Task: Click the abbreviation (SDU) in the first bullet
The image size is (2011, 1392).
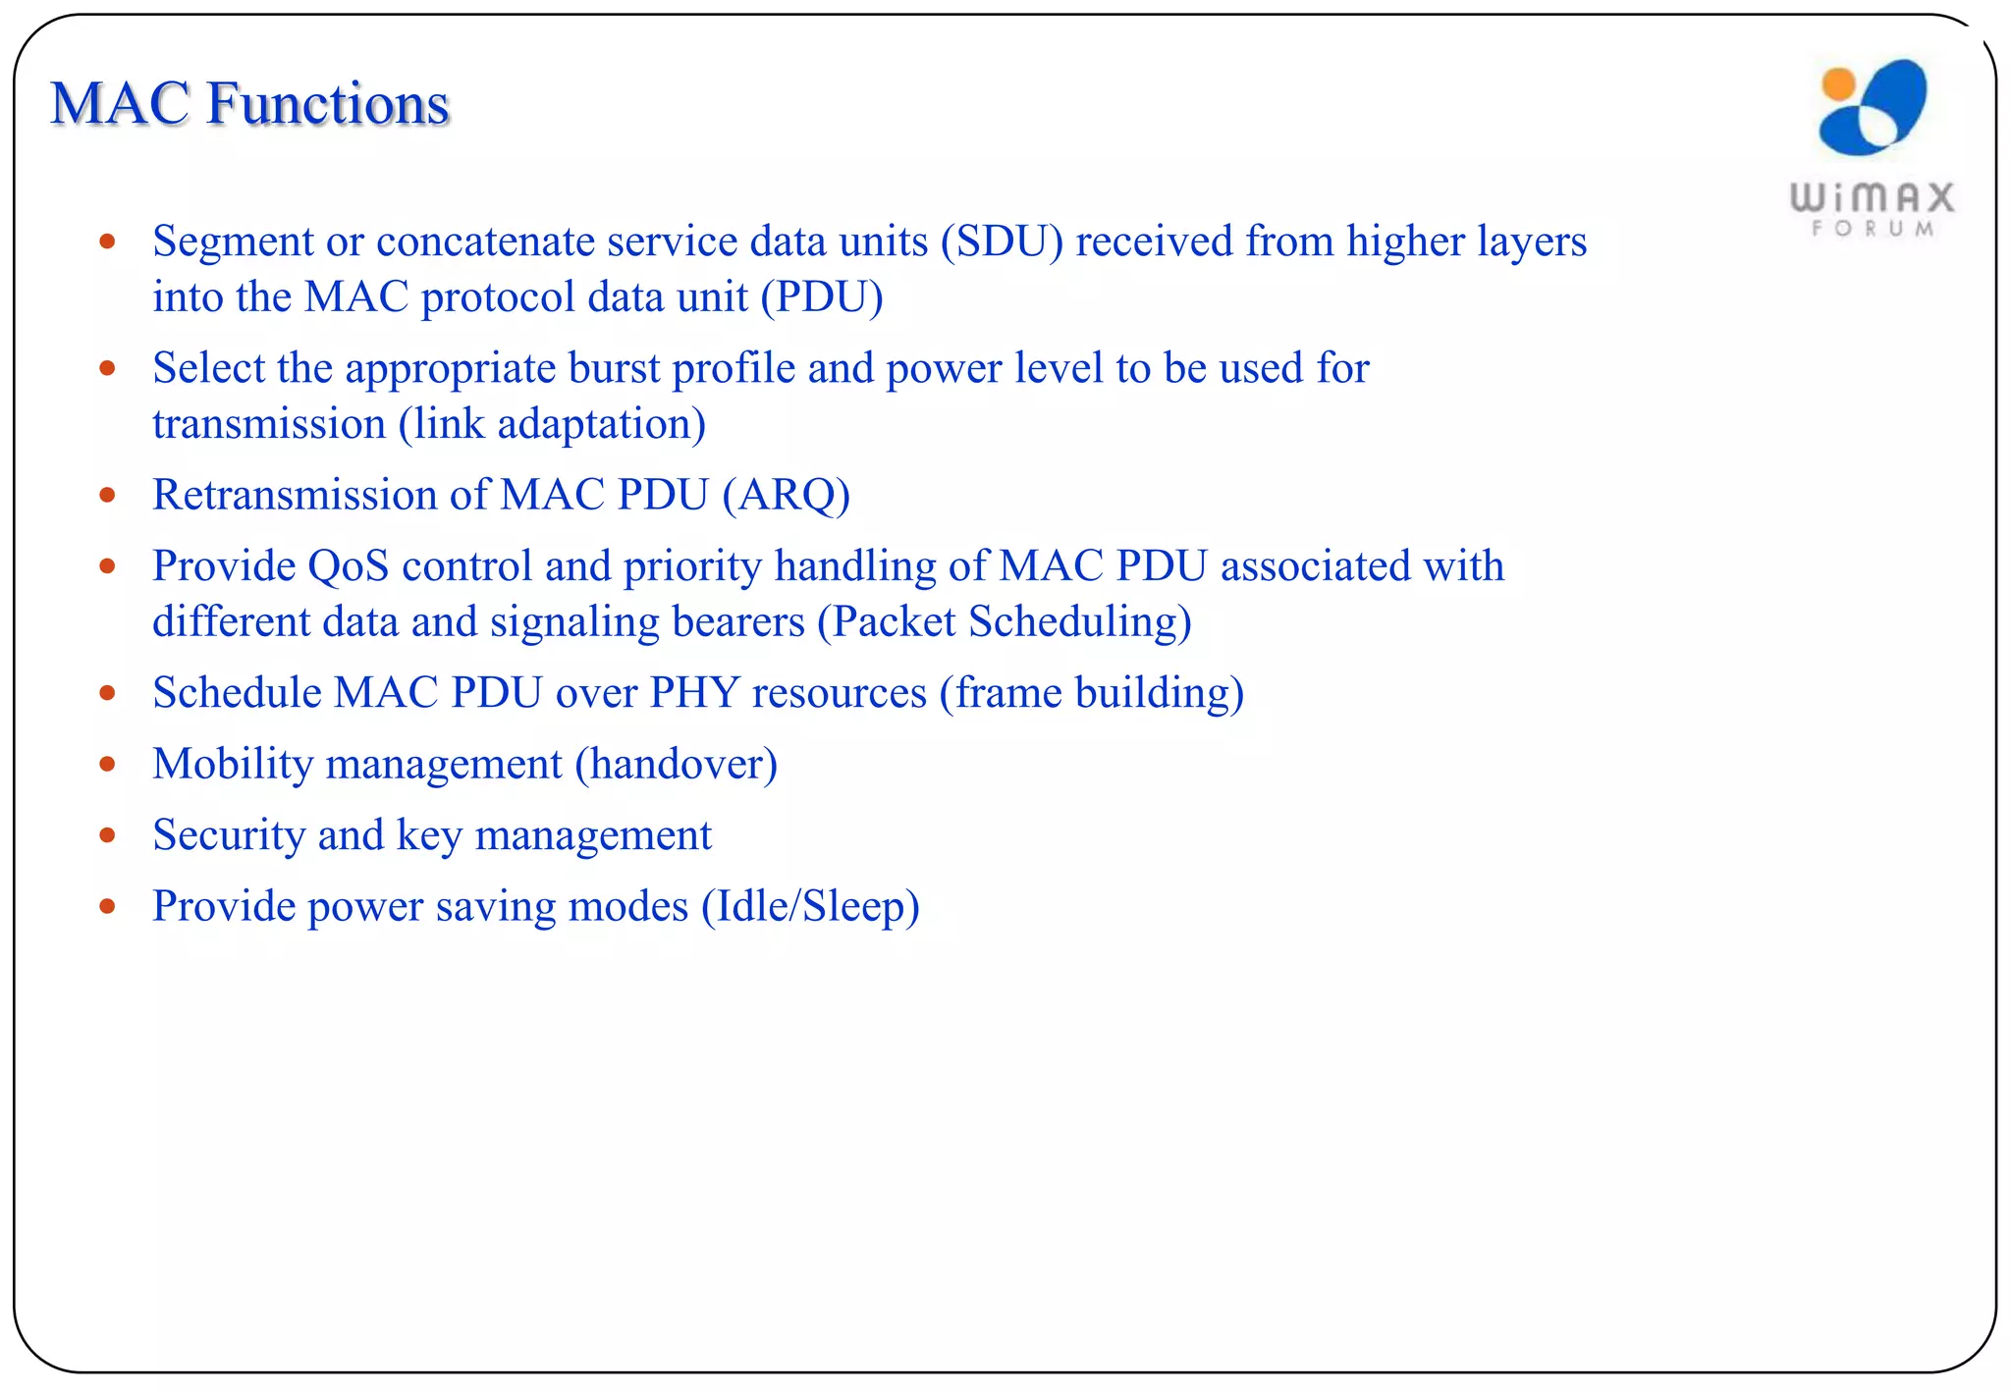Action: coord(1002,241)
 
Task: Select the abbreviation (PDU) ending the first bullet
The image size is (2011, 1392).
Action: coord(822,297)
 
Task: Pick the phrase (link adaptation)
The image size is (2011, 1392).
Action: coord(552,425)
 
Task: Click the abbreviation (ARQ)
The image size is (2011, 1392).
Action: coord(786,496)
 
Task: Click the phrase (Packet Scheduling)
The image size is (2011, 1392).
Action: coord(1005,622)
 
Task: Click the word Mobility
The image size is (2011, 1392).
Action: coord(233,765)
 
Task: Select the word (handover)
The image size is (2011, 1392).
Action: coord(677,765)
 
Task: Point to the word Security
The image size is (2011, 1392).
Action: coord(229,835)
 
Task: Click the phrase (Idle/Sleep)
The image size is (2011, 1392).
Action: coord(810,906)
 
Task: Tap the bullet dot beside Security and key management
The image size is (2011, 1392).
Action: coord(108,835)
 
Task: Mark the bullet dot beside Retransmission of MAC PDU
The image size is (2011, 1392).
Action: coord(108,495)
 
